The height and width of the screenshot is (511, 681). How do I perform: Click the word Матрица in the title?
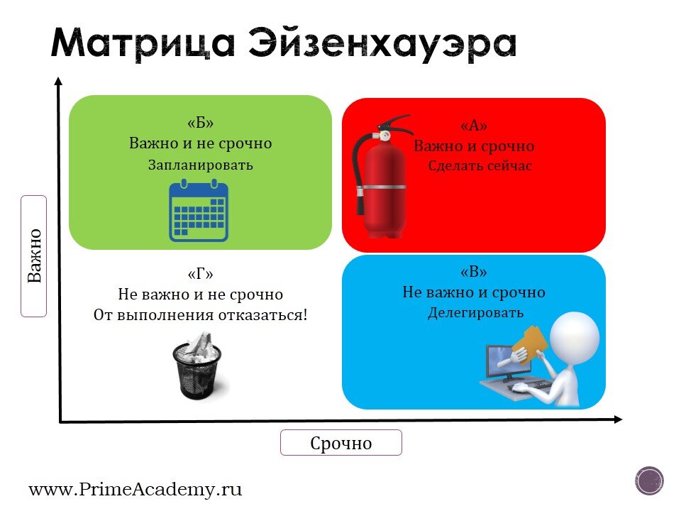[143, 44]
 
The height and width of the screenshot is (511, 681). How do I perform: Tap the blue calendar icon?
[199, 211]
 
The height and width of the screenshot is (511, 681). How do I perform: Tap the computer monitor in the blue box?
[502, 362]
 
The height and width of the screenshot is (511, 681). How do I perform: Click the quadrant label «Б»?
[200, 123]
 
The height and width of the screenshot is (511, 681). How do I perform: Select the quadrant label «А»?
[474, 126]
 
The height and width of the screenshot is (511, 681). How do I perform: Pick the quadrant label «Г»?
[200, 275]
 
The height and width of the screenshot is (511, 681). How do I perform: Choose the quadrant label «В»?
[474, 273]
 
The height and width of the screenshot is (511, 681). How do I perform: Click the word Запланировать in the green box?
[200, 165]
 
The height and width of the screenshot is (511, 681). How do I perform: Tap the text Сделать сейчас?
[480, 167]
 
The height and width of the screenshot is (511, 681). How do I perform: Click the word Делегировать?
[475, 313]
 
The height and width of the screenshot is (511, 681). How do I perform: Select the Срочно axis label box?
[340, 443]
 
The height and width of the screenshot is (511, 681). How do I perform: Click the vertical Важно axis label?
[34, 256]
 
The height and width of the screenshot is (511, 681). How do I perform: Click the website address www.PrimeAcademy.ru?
[135, 489]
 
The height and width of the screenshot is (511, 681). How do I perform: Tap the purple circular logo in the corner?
[650, 480]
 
